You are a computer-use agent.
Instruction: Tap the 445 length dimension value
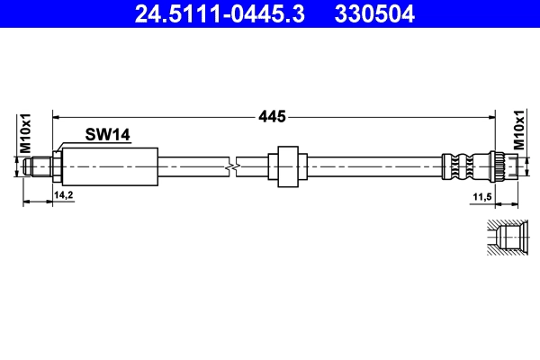click(x=272, y=116)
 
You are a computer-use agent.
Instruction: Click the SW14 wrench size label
click(x=108, y=135)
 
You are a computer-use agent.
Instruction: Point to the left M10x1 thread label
click(x=26, y=134)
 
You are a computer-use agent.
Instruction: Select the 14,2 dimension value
click(x=64, y=194)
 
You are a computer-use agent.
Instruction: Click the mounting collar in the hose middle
click(x=287, y=166)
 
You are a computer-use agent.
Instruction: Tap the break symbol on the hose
click(x=235, y=166)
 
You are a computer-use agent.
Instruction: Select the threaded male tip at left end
click(x=38, y=166)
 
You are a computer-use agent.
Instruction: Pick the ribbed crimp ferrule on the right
click(x=460, y=166)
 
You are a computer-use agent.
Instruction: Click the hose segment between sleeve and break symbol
click(x=194, y=166)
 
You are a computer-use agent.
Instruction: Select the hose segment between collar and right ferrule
click(x=369, y=166)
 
